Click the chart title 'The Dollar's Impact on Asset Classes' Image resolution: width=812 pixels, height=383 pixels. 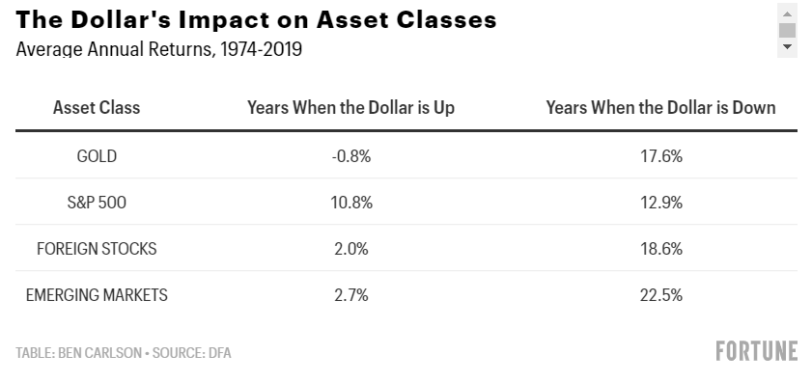coord(256,19)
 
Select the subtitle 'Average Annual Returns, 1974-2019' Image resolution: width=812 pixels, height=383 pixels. coord(159,49)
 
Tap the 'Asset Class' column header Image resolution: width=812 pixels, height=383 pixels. coord(97,108)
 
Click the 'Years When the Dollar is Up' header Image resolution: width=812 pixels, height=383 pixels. coord(351,108)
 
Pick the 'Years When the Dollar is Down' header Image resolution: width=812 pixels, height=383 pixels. coord(660,108)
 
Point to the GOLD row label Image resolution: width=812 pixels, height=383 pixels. coord(97,155)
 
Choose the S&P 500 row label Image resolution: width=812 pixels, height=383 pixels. coord(97,203)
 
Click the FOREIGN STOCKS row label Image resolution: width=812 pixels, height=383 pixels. coord(97,249)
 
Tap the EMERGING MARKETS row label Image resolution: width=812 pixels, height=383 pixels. coord(97,295)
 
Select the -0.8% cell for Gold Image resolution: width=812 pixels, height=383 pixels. coord(351,155)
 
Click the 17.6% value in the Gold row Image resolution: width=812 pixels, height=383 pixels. coord(661,155)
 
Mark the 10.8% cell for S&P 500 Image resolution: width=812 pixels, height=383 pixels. coord(351,203)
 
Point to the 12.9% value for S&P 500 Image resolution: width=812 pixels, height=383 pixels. coord(661,203)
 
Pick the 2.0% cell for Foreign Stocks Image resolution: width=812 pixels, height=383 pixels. coord(351,249)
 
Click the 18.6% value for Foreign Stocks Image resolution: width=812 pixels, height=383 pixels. coord(661,249)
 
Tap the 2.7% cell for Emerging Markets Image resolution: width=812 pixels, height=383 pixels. coord(351,295)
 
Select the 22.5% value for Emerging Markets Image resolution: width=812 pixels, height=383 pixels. coord(661,295)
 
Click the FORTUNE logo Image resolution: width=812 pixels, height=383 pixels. coord(757,351)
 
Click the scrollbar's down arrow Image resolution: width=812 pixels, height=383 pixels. coord(787,46)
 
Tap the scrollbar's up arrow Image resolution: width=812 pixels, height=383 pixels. coord(787,14)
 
